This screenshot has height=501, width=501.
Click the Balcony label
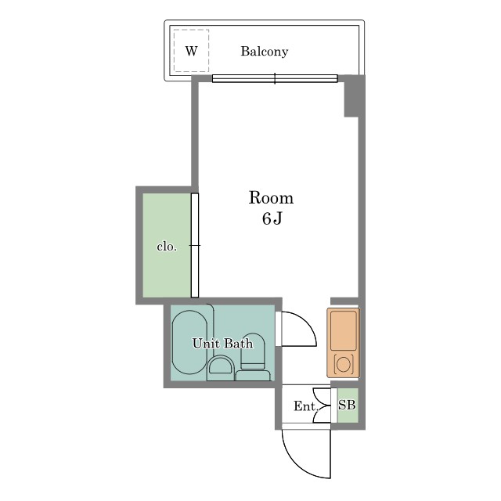[265, 52]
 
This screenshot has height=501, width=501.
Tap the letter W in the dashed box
[191, 51]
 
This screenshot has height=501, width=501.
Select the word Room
[271, 198]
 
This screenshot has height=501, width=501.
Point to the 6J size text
[272, 218]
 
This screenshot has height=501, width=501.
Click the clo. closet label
[167, 247]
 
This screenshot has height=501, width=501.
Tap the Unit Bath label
[222, 344]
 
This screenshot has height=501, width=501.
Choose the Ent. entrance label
[306, 406]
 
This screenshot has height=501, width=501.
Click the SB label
[347, 405]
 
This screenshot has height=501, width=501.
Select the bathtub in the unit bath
[189, 342]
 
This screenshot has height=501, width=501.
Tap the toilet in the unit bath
[253, 358]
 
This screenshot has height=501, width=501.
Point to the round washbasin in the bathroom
[220, 368]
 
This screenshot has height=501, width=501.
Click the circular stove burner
[344, 364]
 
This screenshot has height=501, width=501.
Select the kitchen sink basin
[344, 330]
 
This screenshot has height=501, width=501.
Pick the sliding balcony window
[275, 78]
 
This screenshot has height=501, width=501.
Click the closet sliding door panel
[195, 245]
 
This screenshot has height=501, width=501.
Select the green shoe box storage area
[348, 405]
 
